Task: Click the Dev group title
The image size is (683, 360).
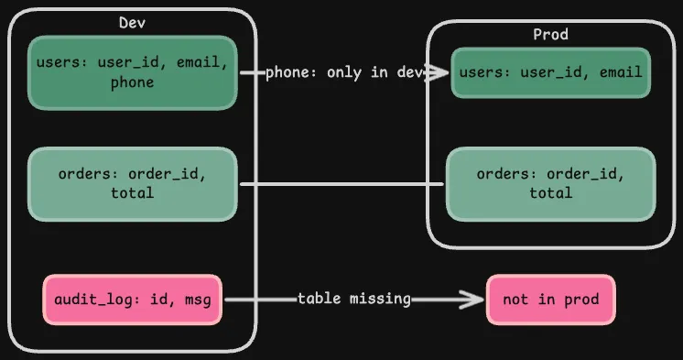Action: pos(132,22)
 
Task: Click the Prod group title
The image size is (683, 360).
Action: pos(550,34)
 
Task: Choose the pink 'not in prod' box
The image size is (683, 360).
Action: pos(550,300)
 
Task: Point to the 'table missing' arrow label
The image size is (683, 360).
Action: pos(353,300)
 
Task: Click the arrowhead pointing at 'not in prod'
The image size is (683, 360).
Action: pos(475,300)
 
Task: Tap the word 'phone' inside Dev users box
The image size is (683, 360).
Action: pos(132,82)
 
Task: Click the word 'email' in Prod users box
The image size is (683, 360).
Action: pos(620,72)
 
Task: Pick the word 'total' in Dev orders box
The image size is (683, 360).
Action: pos(132,193)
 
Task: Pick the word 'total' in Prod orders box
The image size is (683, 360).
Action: pos(550,193)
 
